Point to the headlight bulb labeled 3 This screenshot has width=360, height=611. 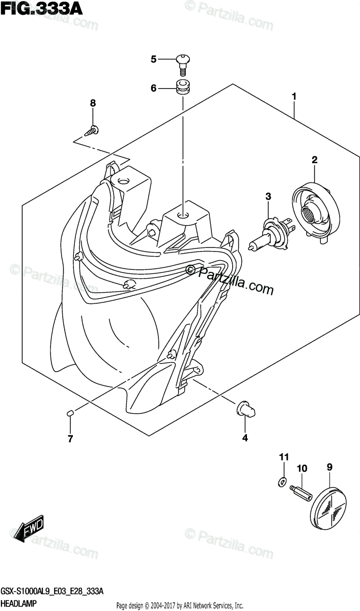[x=269, y=234]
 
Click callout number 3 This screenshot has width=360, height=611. [x=268, y=196]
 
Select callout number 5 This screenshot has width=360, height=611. [x=153, y=60]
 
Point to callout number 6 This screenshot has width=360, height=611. [x=153, y=88]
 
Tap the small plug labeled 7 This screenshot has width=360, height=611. [x=71, y=413]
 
